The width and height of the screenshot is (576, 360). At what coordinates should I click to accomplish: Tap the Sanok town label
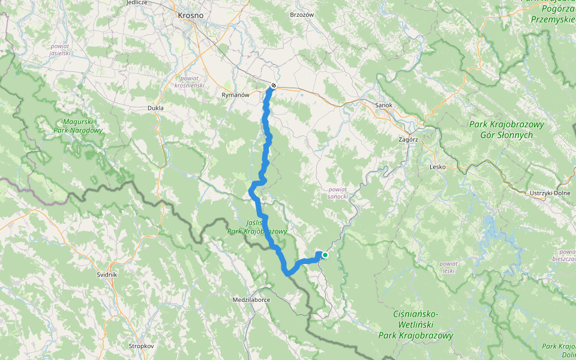pos(383,105)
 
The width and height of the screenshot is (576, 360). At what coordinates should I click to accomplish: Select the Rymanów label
pos(235,95)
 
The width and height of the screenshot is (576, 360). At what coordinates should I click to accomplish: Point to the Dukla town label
pos(155,108)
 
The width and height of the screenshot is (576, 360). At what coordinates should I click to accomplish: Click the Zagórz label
pos(407,139)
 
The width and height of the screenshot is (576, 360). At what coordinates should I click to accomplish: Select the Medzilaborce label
pos(251,299)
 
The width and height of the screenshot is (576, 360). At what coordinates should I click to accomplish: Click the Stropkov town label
pos(142,346)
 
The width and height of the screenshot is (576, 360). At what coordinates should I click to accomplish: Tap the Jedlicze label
pos(137,2)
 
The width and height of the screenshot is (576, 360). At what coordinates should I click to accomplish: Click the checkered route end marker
pos(274,86)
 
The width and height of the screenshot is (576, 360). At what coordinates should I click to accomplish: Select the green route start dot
pos(325,254)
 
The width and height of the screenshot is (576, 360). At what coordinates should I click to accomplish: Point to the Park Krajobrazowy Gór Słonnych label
pos(507,130)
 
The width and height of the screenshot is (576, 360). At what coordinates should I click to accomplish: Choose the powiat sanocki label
pos(338,193)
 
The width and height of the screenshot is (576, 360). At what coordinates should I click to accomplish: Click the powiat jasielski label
pos(61,49)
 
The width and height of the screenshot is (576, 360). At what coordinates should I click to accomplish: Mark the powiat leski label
pos(449,267)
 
